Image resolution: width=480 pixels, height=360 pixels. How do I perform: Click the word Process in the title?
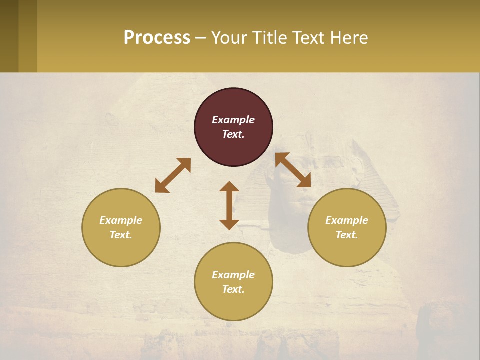pyautogui.click(x=157, y=38)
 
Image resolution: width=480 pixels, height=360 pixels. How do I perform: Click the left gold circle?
pyautogui.click(x=121, y=227)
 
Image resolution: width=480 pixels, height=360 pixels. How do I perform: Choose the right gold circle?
pyautogui.click(x=347, y=227)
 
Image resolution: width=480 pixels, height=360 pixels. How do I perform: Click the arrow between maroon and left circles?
pyautogui.click(x=173, y=175)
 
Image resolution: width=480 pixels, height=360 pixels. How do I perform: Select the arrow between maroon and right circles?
pyautogui.click(x=293, y=170)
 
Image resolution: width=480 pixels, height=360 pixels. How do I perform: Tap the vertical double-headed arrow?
pyautogui.click(x=229, y=205)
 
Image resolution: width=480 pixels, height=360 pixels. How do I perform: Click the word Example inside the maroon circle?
pyautogui.click(x=233, y=120)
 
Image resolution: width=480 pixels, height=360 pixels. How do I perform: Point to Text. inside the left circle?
pyautogui.click(x=121, y=235)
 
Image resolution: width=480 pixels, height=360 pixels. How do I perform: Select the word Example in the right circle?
pyautogui.click(x=347, y=220)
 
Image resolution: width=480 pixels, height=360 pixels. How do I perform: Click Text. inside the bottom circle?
pyautogui.click(x=233, y=289)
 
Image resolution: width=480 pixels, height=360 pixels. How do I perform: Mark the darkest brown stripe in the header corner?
pyautogui.click(x=9, y=36)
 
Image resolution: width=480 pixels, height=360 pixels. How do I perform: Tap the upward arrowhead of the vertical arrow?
pyautogui.click(x=229, y=186)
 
